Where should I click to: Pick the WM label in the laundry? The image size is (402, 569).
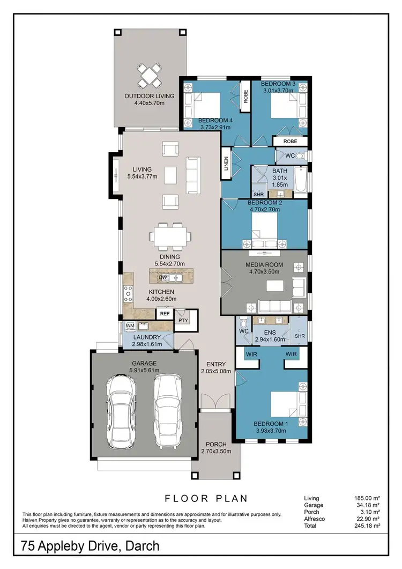130,326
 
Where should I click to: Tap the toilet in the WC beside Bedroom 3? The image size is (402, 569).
300,156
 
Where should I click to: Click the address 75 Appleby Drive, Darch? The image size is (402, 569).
90,547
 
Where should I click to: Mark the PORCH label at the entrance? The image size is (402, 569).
216,444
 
